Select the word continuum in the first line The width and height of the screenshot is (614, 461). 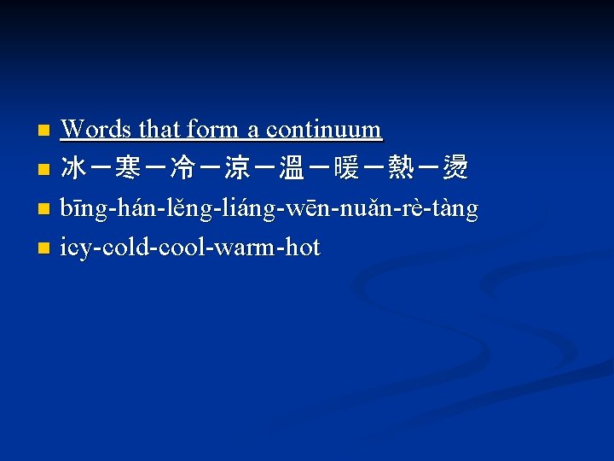[324, 130]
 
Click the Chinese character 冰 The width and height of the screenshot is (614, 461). [73, 169]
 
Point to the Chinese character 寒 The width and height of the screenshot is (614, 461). [128, 169]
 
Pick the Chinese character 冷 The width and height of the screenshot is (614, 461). [182, 169]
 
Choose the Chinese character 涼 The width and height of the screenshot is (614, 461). [237, 169]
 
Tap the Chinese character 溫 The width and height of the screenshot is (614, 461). [292, 169]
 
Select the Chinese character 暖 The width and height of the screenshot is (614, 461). [346, 169]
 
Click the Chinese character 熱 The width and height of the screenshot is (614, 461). [401, 169]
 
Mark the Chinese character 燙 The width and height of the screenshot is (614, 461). [455, 169]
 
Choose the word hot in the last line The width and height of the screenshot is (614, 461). [303, 248]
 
